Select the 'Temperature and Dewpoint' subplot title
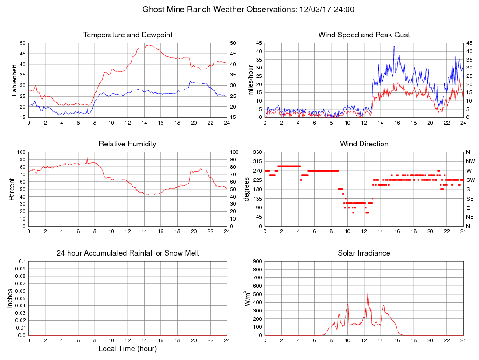[x=128, y=35]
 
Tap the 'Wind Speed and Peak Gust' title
[x=364, y=35]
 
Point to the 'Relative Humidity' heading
[x=127, y=144]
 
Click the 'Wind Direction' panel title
[x=364, y=144]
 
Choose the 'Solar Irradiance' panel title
[x=364, y=253]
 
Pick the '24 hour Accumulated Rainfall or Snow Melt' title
[x=128, y=253]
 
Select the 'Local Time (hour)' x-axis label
[x=128, y=349]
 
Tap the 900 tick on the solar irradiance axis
[x=257, y=262]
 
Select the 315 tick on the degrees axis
[x=257, y=161]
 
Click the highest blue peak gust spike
[x=394, y=46]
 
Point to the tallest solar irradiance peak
[x=368, y=294]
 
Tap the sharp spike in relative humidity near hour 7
[x=87, y=158]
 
